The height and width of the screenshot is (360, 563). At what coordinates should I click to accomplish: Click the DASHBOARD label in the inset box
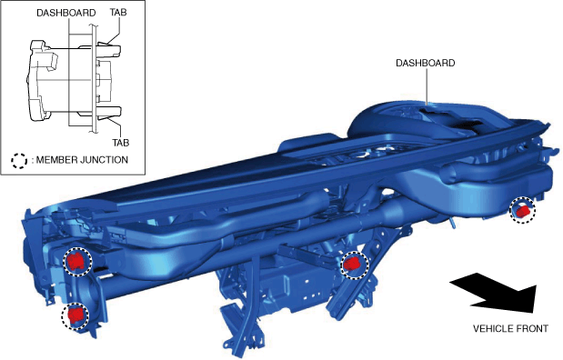pos(66,13)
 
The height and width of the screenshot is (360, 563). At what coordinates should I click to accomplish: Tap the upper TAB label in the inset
pos(118,12)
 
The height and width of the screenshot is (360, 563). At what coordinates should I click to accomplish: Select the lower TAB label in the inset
pos(121,143)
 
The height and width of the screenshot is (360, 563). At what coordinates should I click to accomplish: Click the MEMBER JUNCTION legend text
pos(82,160)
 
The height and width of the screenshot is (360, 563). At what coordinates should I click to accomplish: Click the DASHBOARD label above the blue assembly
pos(425,63)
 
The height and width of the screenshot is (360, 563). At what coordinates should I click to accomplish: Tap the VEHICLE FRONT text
pos(510,329)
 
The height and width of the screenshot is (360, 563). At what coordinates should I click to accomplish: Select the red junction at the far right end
pos(523,210)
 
